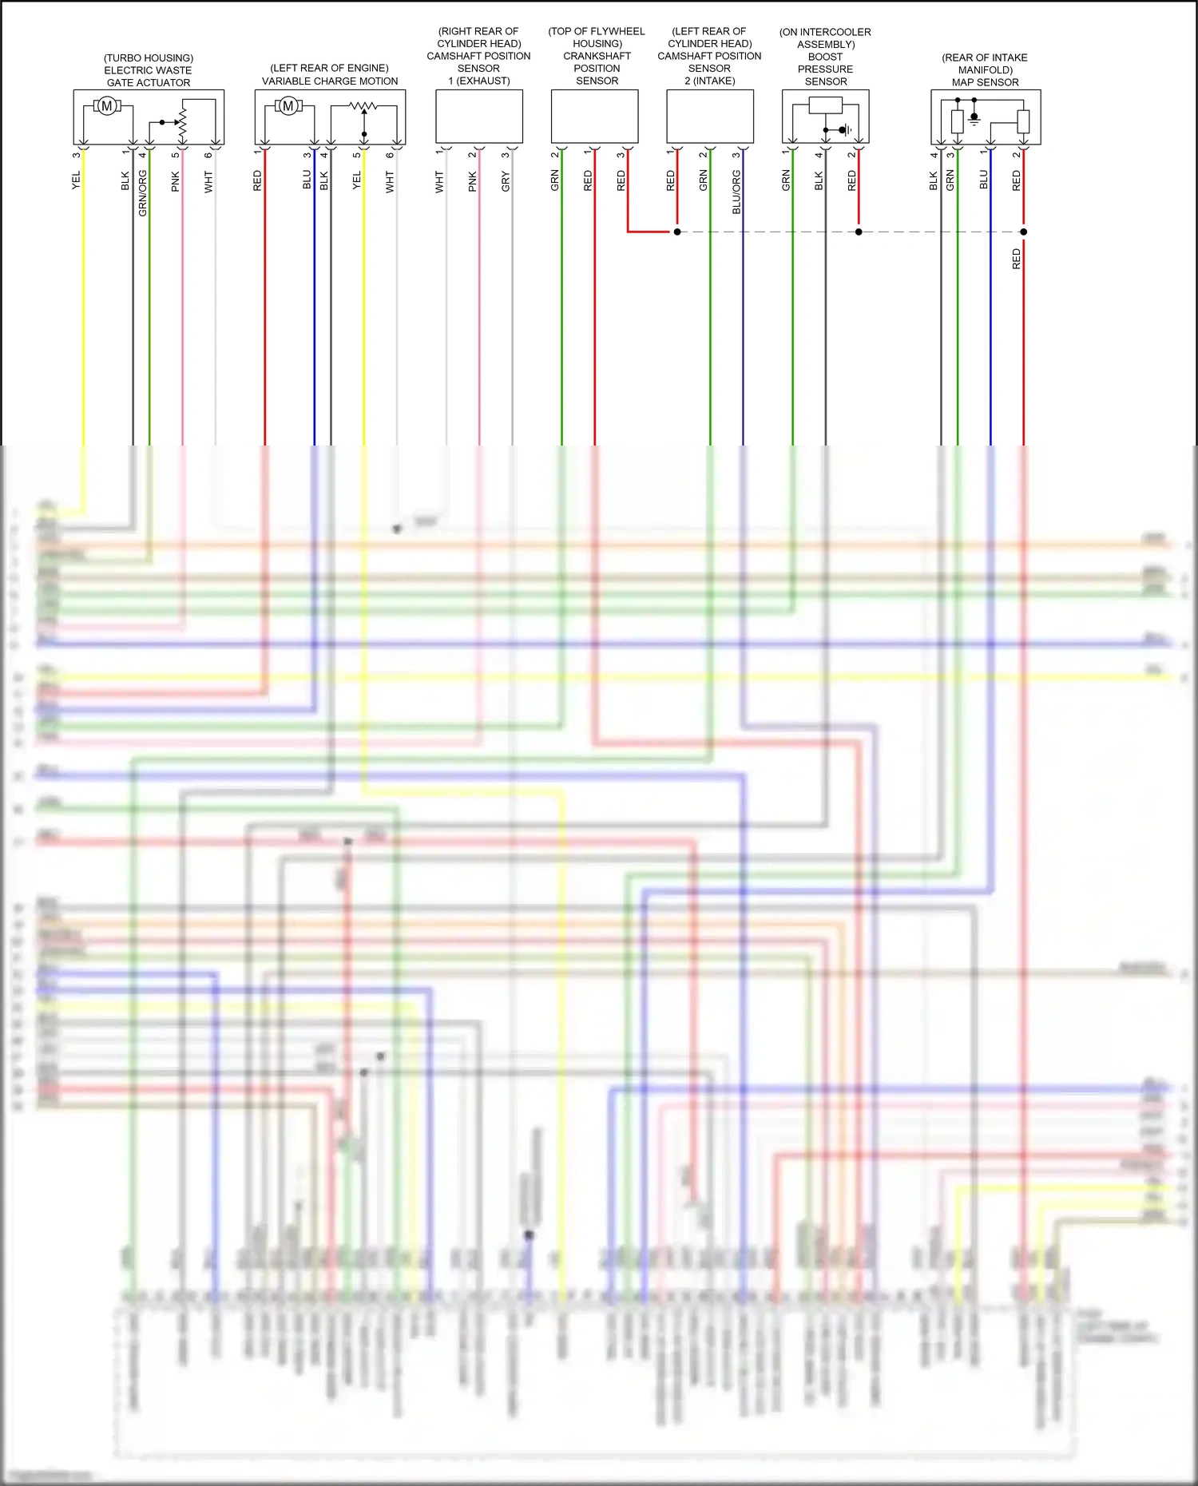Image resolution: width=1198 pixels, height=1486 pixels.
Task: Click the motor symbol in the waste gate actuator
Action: coord(106,106)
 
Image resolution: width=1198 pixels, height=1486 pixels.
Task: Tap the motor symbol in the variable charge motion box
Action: coord(288,106)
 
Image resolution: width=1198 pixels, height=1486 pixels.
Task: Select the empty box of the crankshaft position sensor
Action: coord(594,117)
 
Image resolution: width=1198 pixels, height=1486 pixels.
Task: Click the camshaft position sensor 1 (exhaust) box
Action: coord(479,117)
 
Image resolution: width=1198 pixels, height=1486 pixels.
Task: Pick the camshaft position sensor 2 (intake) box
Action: coord(710,117)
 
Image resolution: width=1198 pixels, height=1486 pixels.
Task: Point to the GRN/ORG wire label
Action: coord(143,193)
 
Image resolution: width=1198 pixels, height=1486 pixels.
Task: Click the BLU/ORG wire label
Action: coord(736,192)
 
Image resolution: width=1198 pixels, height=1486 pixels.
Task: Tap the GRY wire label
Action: coord(506,182)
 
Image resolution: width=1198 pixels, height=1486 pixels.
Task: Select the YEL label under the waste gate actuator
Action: coord(77,180)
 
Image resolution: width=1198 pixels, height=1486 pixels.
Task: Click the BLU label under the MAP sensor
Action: coord(984,180)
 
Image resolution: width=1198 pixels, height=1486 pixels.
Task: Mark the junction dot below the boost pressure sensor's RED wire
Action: coord(859,232)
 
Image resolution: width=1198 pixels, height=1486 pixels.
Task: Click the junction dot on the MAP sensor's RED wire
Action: coord(1024,232)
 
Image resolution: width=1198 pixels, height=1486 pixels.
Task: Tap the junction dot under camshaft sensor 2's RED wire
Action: coord(677,232)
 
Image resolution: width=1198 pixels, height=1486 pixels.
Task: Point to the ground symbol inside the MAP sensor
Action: coord(974,120)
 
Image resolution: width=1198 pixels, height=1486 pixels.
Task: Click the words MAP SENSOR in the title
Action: coord(985,82)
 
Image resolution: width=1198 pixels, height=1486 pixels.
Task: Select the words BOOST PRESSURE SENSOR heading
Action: coord(826,69)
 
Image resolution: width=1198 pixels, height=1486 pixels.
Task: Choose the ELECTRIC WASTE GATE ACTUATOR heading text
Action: coord(149,76)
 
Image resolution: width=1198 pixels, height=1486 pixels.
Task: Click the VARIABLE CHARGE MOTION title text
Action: coord(330,81)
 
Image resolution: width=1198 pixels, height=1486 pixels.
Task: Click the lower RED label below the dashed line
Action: coord(1017,259)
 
